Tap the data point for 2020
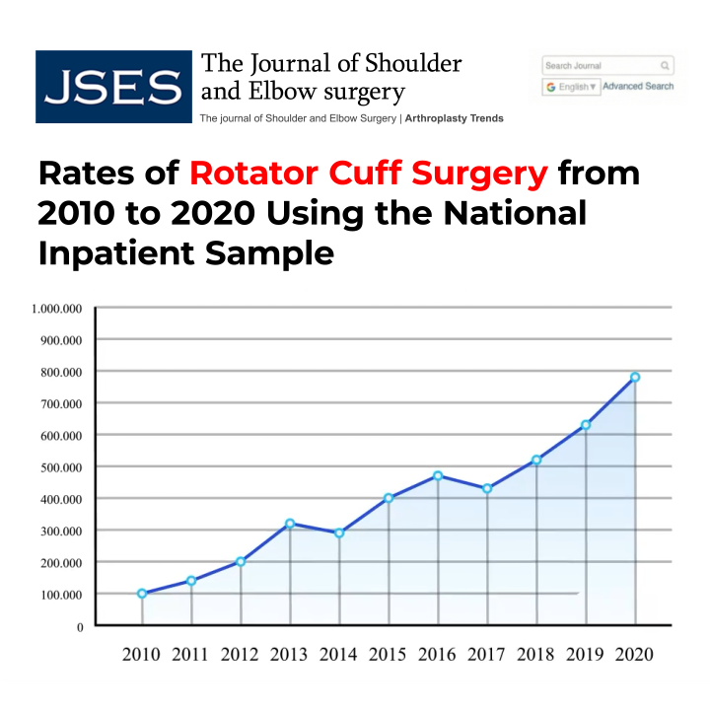point(635,377)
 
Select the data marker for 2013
point(290,524)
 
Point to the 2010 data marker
point(142,594)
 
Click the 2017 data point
point(487,489)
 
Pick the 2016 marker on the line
point(438,475)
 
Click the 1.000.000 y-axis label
point(56,309)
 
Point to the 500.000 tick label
point(61,466)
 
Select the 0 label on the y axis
point(78,626)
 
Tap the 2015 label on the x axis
point(389,655)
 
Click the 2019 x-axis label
point(586,655)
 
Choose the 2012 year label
point(241,655)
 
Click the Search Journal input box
point(599,66)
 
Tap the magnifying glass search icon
point(666,66)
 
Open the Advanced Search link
point(638,87)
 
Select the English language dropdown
point(571,87)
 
